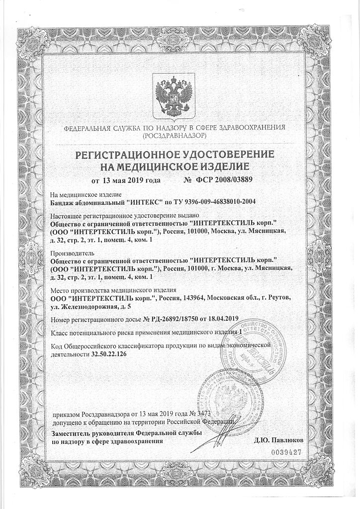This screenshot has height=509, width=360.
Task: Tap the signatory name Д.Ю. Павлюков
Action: click(278, 440)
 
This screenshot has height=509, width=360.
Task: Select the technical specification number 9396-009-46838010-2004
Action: click(225, 203)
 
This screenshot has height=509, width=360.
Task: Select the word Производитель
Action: click(74, 253)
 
